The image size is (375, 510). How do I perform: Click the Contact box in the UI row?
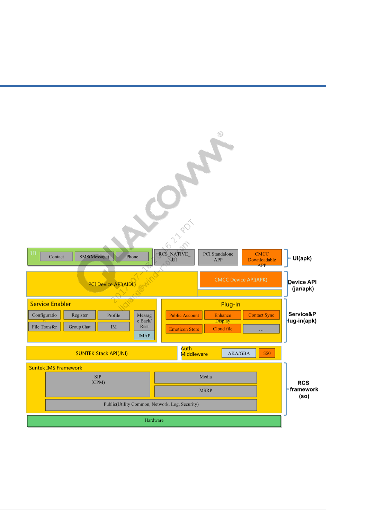(x=56, y=257)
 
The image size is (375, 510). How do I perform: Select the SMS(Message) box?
(x=94, y=257)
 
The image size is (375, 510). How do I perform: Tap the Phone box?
(x=132, y=257)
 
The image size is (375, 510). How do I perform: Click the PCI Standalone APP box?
(x=218, y=257)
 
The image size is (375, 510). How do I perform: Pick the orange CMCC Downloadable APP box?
(x=262, y=257)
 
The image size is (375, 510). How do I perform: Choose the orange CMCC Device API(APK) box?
(x=241, y=280)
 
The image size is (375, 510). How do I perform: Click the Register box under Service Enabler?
(x=80, y=315)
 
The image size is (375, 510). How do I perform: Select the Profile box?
(x=114, y=315)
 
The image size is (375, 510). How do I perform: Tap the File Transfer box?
(x=44, y=327)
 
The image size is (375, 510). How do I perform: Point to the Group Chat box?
(x=80, y=327)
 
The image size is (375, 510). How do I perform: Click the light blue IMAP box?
(x=144, y=336)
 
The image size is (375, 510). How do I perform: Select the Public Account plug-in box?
(x=184, y=315)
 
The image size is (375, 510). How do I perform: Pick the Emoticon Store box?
(x=184, y=329)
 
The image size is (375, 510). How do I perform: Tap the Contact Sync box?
(x=261, y=315)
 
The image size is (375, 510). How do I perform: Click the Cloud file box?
(x=223, y=329)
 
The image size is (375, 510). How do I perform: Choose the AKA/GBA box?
(x=239, y=353)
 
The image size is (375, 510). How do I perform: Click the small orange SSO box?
(x=267, y=353)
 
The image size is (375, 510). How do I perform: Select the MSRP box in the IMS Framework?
(x=206, y=391)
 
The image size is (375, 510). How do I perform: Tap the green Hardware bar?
(x=154, y=421)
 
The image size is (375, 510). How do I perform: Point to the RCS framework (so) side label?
(x=304, y=389)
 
